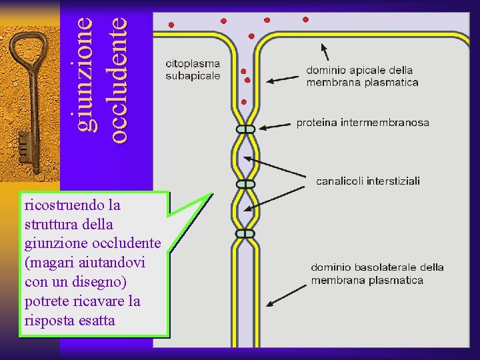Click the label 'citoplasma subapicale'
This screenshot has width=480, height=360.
193,70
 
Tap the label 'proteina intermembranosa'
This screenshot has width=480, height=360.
363,123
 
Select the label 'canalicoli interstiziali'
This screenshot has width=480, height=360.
367,181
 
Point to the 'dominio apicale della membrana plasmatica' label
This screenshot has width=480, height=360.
362,76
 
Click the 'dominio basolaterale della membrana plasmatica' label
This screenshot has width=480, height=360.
377,273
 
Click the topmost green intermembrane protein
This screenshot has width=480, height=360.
245,129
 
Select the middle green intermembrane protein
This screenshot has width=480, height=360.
245,183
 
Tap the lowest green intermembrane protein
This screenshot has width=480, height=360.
245,233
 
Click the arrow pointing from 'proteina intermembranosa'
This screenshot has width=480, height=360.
276,125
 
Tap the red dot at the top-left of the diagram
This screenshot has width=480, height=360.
171,25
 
